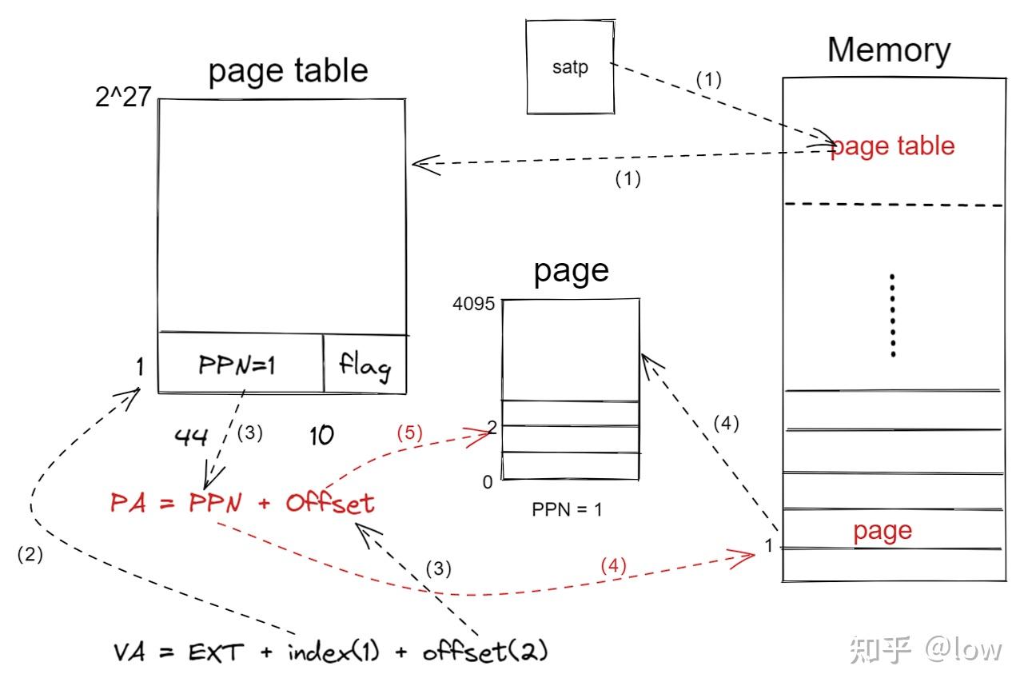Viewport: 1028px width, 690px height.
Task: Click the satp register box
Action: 571,66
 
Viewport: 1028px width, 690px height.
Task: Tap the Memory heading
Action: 889,50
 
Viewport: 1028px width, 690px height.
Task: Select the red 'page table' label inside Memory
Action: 893,146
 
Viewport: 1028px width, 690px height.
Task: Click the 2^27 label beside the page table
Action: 123,97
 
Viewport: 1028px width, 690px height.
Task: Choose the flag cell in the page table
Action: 365,364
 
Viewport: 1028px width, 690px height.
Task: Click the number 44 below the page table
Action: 191,437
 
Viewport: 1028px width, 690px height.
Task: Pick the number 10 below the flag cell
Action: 321,435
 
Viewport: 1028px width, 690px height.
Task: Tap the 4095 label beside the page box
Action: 473,304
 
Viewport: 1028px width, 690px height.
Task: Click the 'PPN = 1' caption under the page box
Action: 567,509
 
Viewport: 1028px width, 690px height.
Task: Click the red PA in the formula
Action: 128,502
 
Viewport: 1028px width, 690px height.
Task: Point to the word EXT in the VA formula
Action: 216,652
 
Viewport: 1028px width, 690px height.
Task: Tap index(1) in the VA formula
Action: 333,652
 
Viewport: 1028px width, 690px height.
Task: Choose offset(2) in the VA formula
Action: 485,651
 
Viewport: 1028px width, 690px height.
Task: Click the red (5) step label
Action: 409,433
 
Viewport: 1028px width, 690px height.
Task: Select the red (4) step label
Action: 614,565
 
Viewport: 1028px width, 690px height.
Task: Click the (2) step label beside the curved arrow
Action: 30,554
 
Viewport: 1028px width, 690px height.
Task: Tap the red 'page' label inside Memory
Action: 883,532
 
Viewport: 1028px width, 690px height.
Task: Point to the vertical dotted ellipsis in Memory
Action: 893,315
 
